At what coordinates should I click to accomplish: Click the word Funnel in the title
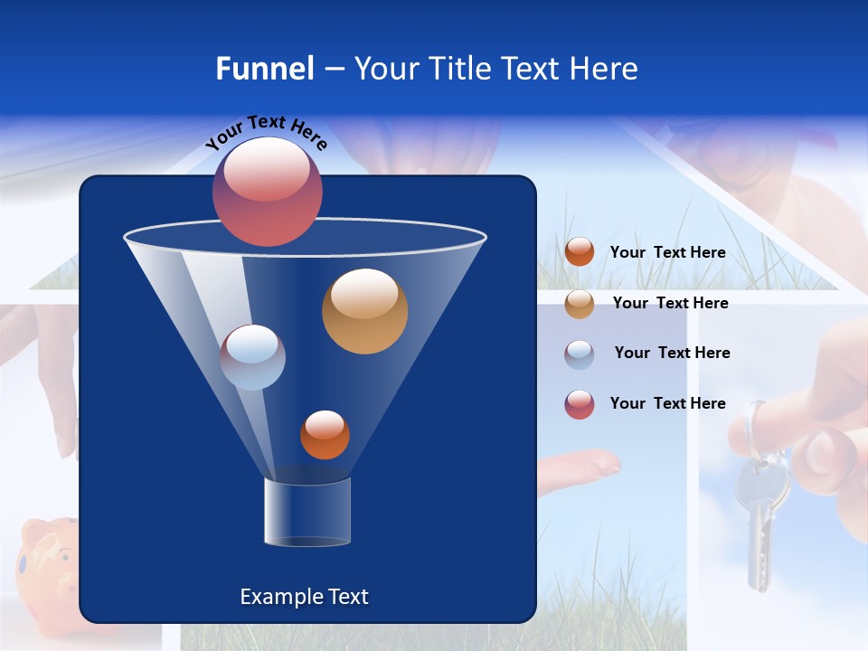264,69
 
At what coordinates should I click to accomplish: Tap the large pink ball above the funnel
268,192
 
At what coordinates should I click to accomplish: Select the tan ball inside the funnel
364,311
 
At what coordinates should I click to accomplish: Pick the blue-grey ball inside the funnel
253,357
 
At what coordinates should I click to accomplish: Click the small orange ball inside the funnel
325,435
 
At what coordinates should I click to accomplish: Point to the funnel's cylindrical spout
307,512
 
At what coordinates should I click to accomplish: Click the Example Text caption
304,597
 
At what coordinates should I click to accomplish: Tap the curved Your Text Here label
267,134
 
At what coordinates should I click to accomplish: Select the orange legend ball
580,252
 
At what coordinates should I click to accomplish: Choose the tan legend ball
580,304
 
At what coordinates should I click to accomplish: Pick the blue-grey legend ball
580,354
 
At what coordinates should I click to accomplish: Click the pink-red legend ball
580,404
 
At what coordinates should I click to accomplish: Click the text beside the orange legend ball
667,253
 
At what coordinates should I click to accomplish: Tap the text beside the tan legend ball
670,304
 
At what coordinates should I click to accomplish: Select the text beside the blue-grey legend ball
672,354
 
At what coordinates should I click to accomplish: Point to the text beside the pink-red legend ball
667,404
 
